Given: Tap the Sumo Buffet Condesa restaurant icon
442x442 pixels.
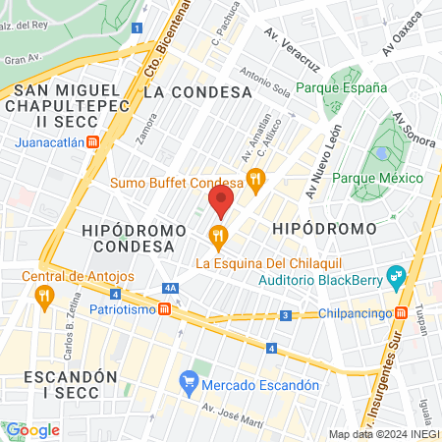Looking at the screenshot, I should coord(255,179).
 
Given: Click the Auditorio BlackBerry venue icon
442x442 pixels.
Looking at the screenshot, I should coord(397,275).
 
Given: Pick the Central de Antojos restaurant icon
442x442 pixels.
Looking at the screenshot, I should coord(42,301).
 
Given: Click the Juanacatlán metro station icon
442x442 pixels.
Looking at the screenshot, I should coord(93,141).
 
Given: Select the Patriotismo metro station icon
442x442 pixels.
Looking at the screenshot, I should coord(165,308).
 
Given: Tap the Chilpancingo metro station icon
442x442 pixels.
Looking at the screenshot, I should coord(402,314).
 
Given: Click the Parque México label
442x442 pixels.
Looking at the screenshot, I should coord(377,178).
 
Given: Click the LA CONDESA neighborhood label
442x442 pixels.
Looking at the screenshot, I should coord(197,91).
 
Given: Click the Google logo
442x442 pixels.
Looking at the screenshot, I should coord(32,430).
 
